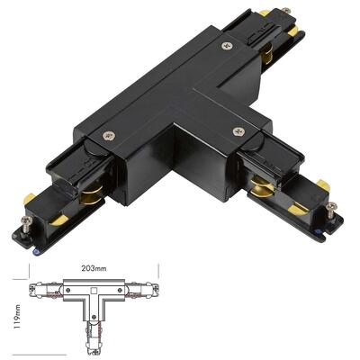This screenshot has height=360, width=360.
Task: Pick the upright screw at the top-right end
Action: pyautogui.click(x=287, y=13)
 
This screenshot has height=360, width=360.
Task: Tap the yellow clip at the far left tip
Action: pyautogui.click(x=29, y=197)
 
